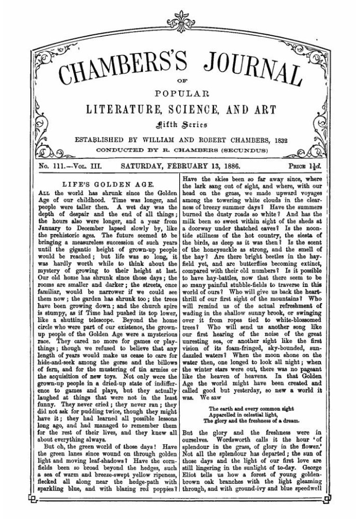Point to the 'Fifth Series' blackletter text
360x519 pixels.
(x=180, y=125)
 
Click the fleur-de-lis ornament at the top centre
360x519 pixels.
(x=180, y=15)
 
